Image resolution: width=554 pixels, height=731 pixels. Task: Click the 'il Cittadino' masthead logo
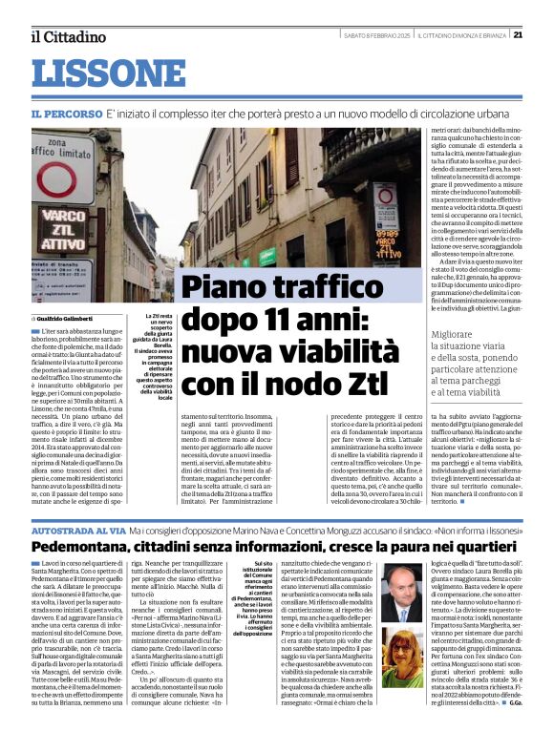(x=67, y=36)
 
